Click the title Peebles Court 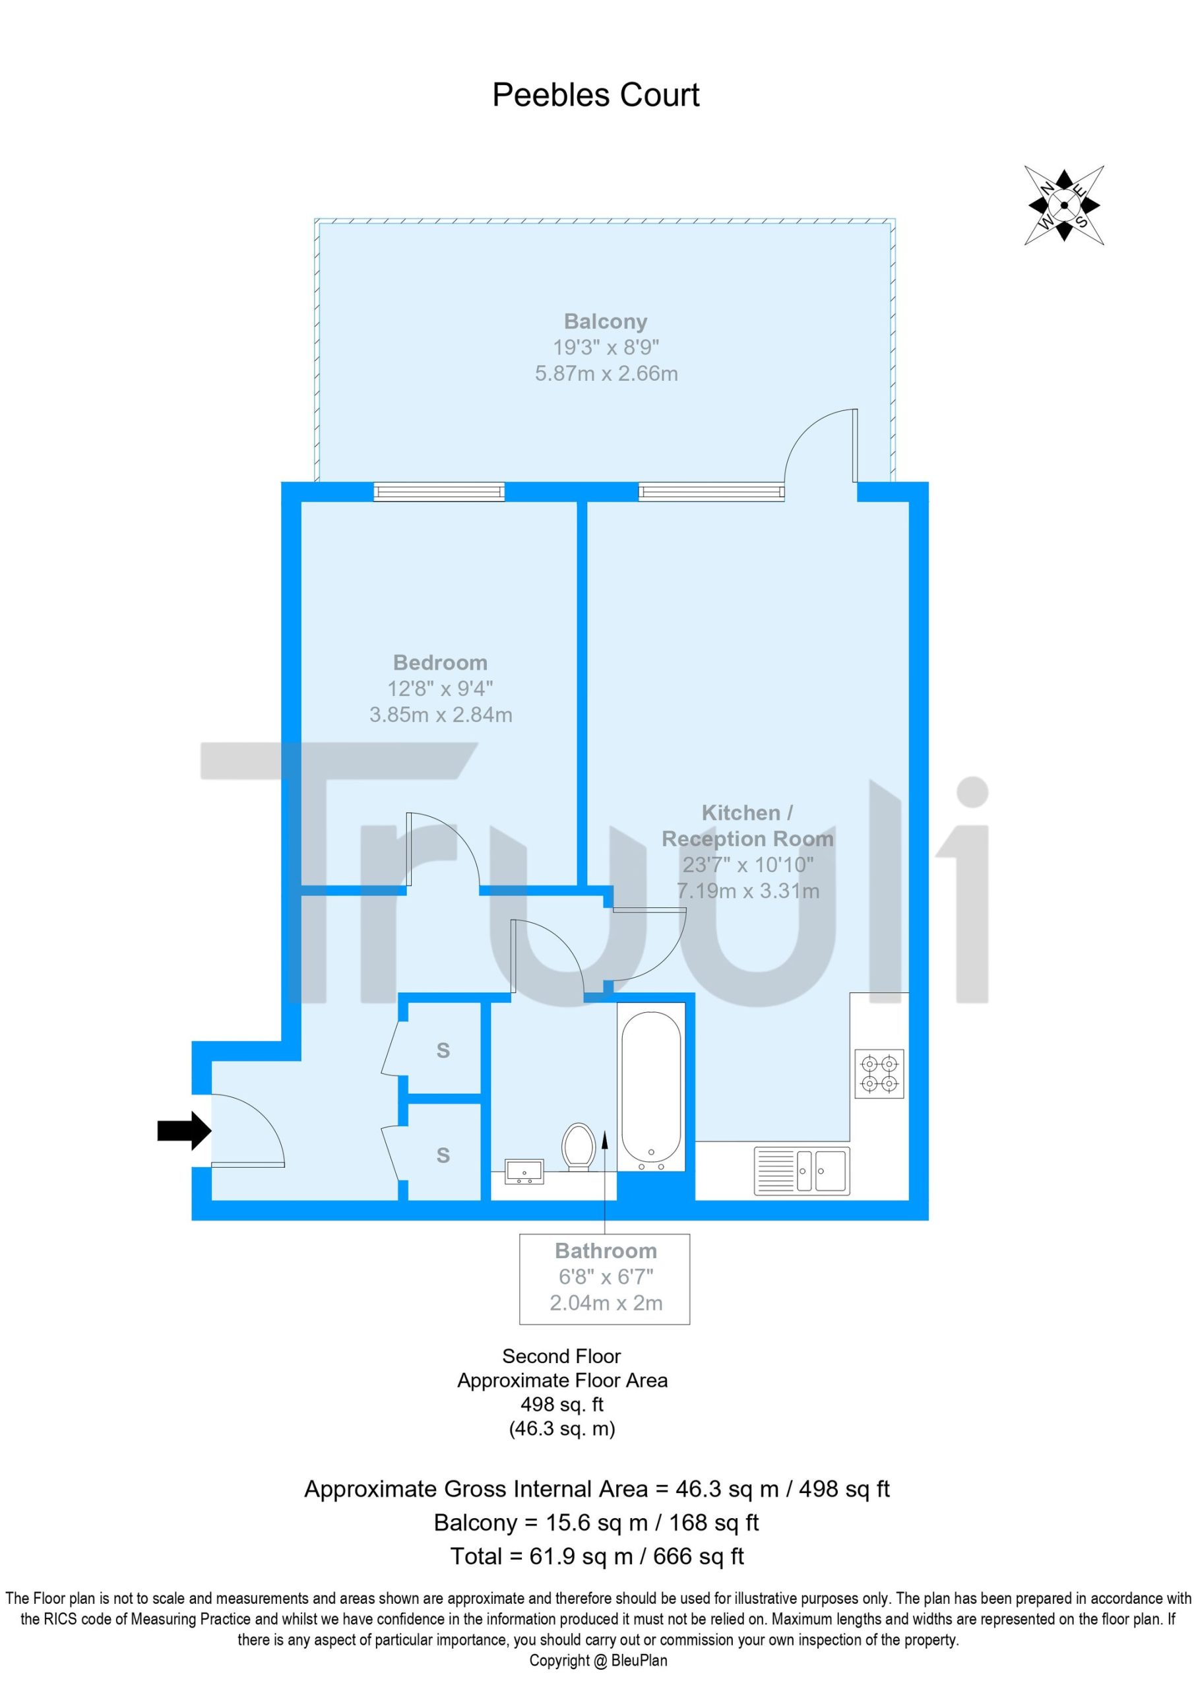(595, 95)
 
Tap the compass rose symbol (1064, 205)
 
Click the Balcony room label (606, 321)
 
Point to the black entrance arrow (184, 1130)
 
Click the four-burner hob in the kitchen (879, 1073)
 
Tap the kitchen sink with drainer (801, 1170)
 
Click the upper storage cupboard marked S (443, 1050)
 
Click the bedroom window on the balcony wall (439, 492)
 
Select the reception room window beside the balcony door (711, 492)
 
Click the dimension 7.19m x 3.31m (747, 891)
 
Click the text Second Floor (561, 1356)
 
